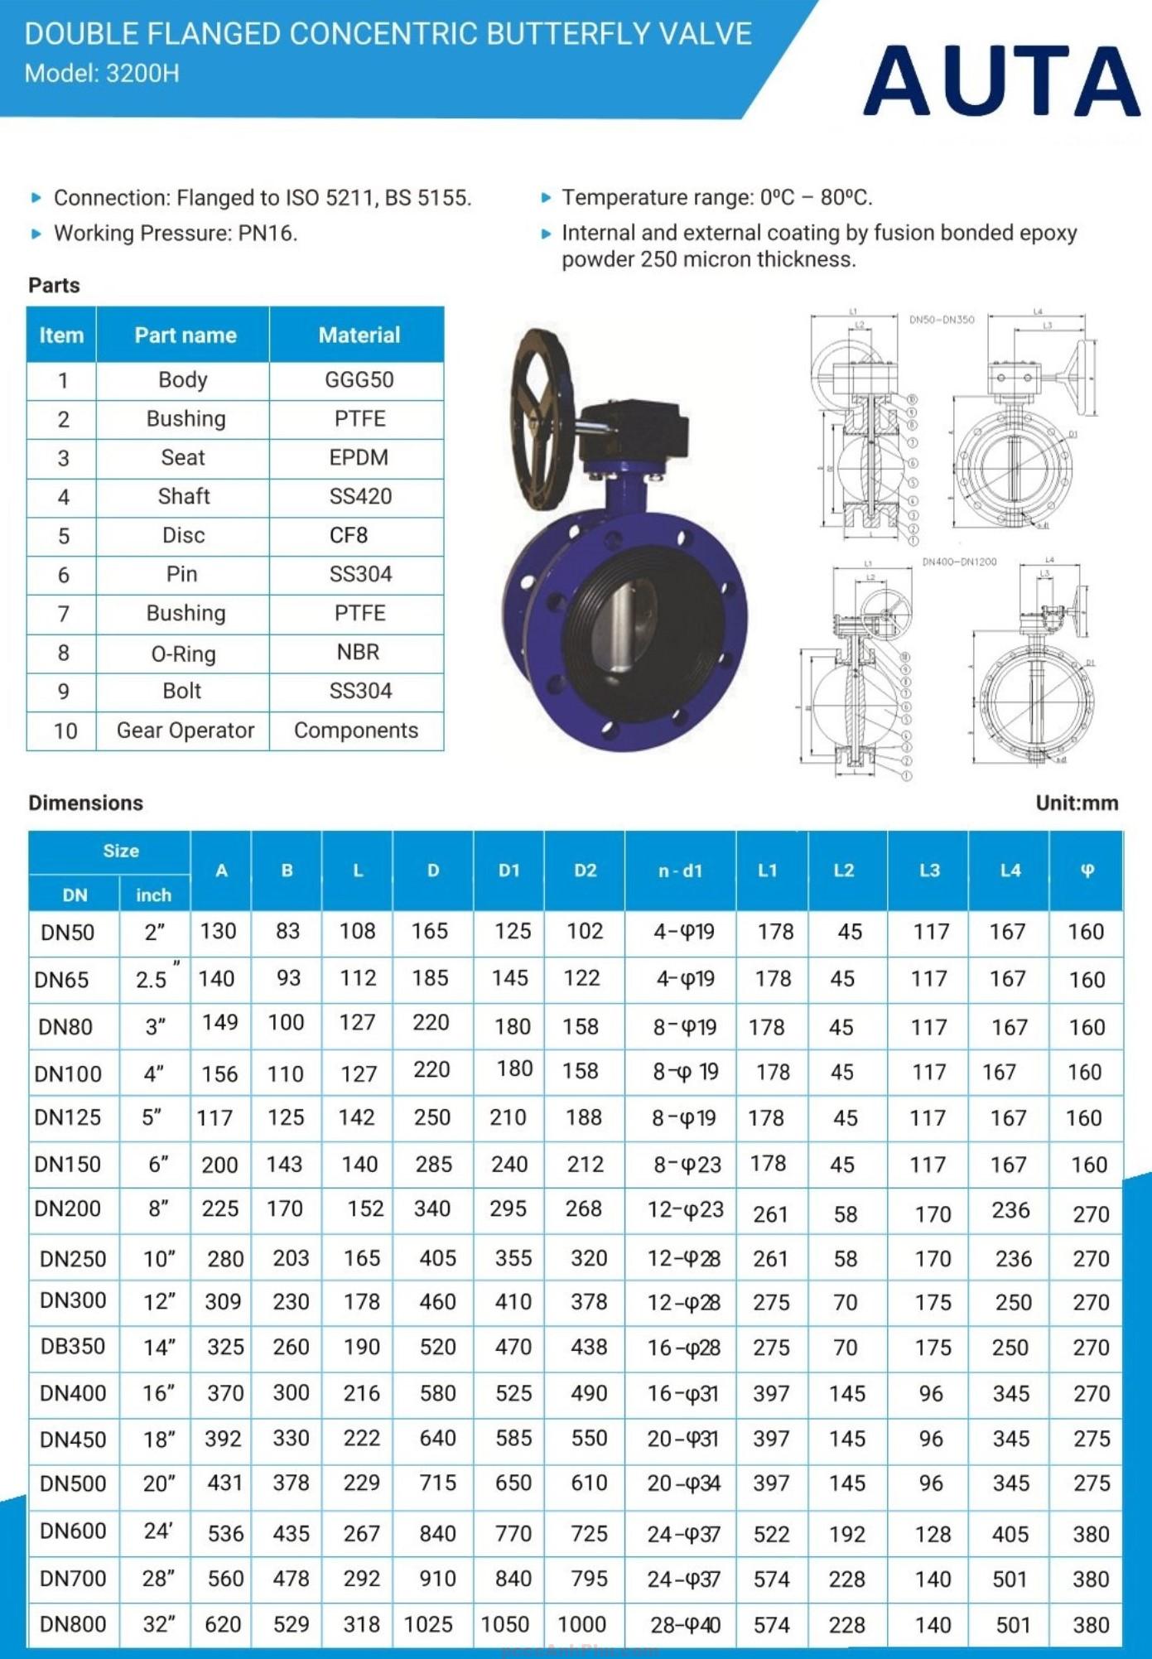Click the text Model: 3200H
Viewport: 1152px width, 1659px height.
tap(102, 74)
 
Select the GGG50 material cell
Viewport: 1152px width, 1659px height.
tap(359, 380)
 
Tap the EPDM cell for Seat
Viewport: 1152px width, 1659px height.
tap(359, 457)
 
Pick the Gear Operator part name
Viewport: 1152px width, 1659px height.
tap(185, 731)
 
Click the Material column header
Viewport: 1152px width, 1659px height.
tap(359, 335)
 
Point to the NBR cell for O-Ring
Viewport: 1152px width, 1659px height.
tap(358, 653)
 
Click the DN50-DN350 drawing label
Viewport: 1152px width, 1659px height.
tap(942, 320)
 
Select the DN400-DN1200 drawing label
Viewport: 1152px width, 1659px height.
tap(959, 562)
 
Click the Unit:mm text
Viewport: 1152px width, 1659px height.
tap(1076, 803)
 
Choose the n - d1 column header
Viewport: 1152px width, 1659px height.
tap(680, 870)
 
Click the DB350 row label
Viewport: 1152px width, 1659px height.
tap(73, 1347)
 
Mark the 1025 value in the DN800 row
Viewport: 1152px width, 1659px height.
tap(428, 1625)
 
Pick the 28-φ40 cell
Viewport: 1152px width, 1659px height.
tap(684, 1625)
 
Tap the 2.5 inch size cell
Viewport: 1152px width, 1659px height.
tap(154, 979)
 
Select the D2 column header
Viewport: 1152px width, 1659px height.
tap(585, 870)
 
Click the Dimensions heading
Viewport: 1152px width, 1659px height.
tap(86, 803)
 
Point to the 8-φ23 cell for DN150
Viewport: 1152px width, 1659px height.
tap(686, 1165)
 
